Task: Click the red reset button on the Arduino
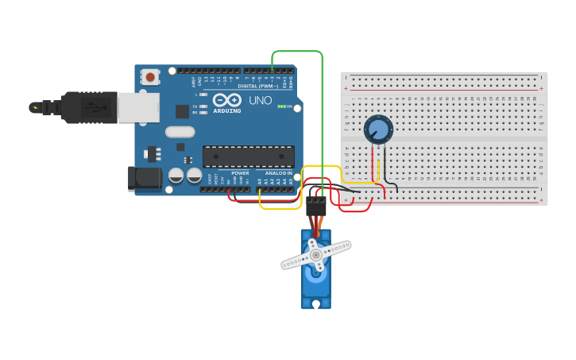pyautogui.click(x=150, y=77)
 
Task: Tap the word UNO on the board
pyautogui.click(x=261, y=101)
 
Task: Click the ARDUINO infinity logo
pyautogui.click(x=226, y=100)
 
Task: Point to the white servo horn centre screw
pyautogui.click(x=315, y=255)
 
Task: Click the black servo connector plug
pyautogui.click(x=315, y=206)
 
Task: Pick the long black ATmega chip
pyautogui.click(x=248, y=157)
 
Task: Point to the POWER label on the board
pyautogui.click(x=240, y=173)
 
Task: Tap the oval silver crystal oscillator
pyautogui.click(x=180, y=132)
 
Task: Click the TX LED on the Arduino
pyautogui.click(x=203, y=106)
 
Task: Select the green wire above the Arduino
pyautogui.click(x=298, y=52)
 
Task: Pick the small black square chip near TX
pyautogui.click(x=182, y=111)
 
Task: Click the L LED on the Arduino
pyautogui.click(x=203, y=95)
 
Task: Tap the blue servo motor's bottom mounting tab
pyautogui.click(x=315, y=303)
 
